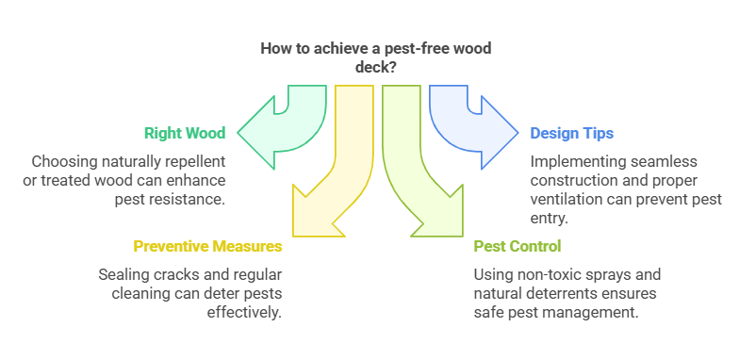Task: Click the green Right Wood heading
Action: point(185,133)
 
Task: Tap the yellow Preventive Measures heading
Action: point(207,247)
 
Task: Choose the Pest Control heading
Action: point(518,247)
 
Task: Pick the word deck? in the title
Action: point(378,68)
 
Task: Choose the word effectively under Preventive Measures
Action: point(245,313)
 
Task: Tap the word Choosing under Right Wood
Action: point(63,160)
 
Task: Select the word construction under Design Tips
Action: point(573,179)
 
